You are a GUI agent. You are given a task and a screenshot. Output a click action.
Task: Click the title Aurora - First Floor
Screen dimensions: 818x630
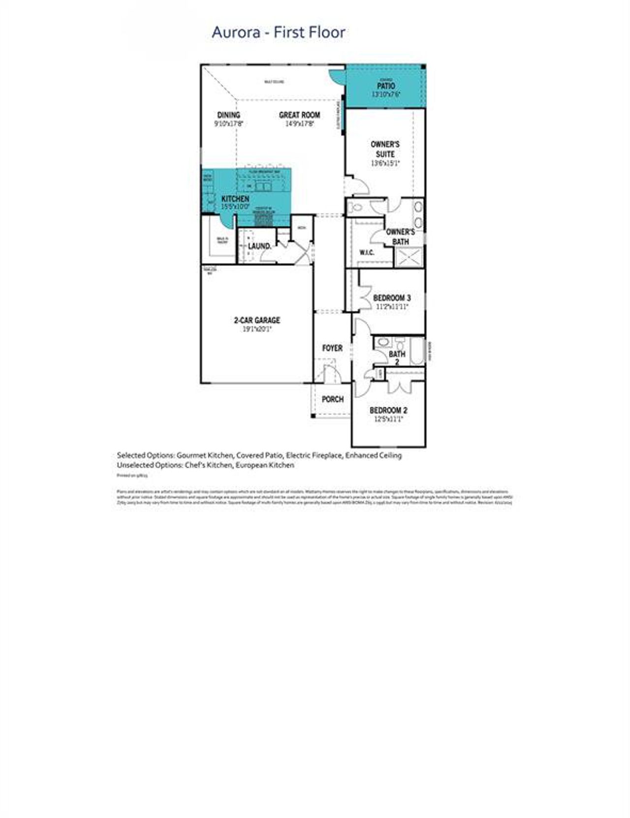(x=278, y=32)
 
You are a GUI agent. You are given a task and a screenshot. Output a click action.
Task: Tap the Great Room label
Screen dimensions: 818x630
(x=299, y=115)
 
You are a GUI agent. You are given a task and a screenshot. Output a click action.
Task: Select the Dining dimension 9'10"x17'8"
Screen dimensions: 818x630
(x=228, y=124)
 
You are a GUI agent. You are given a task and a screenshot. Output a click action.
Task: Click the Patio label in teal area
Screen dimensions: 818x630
(x=386, y=86)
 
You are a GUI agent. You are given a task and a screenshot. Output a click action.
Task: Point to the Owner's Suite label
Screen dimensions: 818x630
(x=385, y=149)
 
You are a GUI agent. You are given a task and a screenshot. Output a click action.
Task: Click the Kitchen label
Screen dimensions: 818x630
(x=235, y=199)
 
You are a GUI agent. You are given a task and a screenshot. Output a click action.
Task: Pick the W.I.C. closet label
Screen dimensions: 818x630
(x=367, y=252)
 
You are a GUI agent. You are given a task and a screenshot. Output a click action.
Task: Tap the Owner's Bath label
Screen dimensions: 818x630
(x=400, y=237)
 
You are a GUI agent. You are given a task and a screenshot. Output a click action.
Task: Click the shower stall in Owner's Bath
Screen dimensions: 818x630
(x=410, y=257)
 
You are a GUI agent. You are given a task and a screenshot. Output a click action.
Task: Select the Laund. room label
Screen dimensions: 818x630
(x=259, y=246)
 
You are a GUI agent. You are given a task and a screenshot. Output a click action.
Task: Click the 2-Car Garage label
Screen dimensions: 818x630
(x=257, y=320)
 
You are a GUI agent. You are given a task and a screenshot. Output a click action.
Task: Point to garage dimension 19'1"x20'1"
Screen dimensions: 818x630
(x=257, y=329)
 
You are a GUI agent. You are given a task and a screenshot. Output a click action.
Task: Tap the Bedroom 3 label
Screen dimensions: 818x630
(x=392, y=298)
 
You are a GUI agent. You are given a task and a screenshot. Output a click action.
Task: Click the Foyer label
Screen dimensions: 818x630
(x=332, y=348)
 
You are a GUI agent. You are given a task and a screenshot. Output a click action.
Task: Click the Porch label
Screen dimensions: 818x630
(x=332, y=399)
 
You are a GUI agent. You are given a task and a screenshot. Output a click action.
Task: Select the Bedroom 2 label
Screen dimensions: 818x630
(x=388, y=410)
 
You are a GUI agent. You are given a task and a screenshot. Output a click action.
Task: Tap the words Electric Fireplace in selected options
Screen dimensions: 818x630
(x=314, y=455)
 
